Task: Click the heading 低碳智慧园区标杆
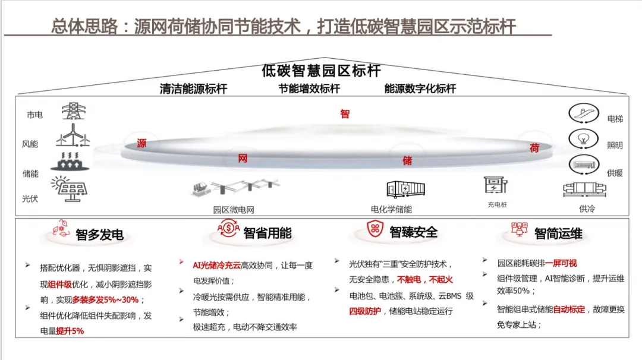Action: tap(321, 71)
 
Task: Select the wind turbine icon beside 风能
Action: tap(73, 135)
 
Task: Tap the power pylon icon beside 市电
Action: tap(73, 111)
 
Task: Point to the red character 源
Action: tap(141, 144)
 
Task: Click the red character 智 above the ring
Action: tap(345, 114)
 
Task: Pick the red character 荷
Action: tap(534, 149)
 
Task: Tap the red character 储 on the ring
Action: tap(407, 161)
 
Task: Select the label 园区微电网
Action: tap(234, 210)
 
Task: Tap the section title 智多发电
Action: tap(99, 235)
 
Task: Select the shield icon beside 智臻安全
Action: tap(374, 230)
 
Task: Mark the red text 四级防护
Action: tap(365, 311)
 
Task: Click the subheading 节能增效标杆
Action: tap(309, 89)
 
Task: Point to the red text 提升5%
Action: tap(70, 331)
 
